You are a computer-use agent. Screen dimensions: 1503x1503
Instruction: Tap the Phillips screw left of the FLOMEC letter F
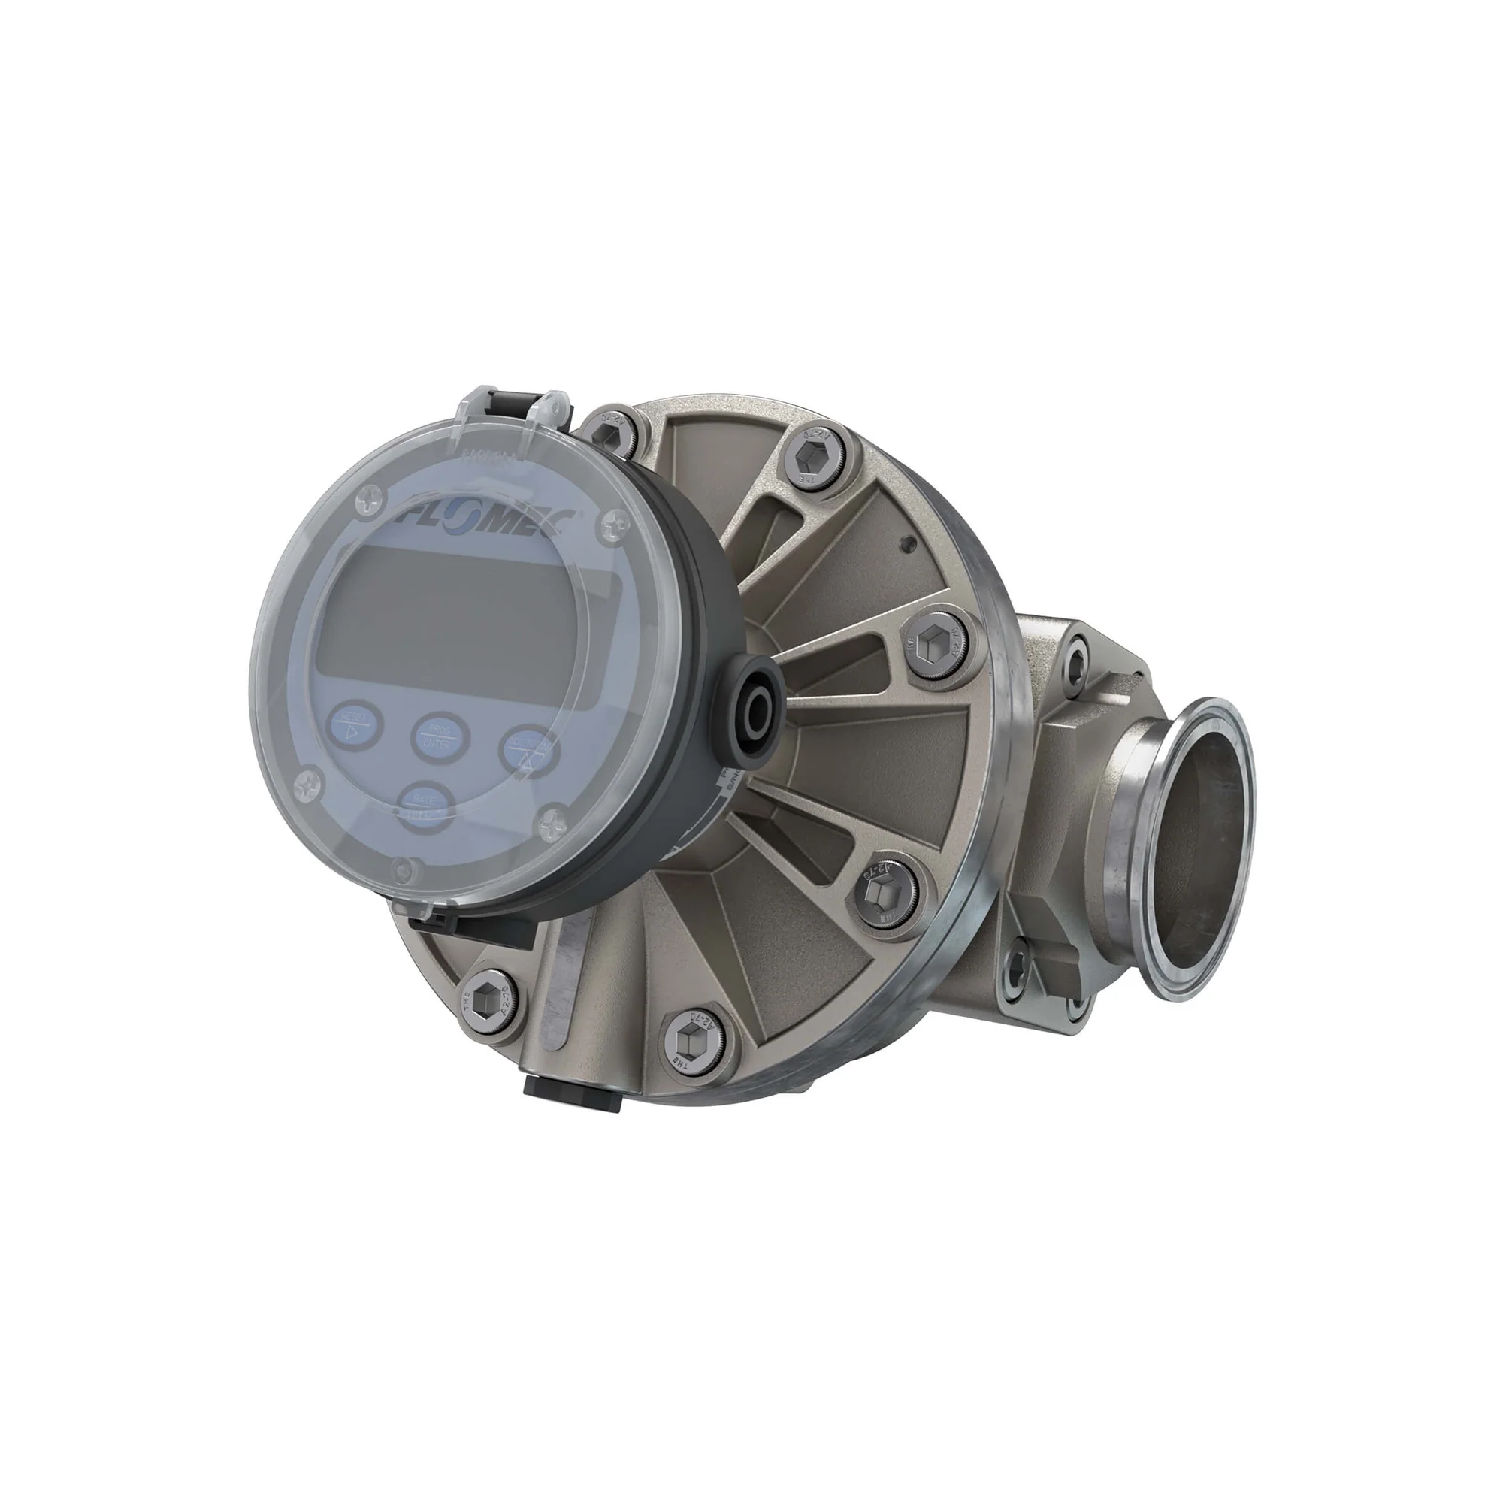click(x=367, y=504)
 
